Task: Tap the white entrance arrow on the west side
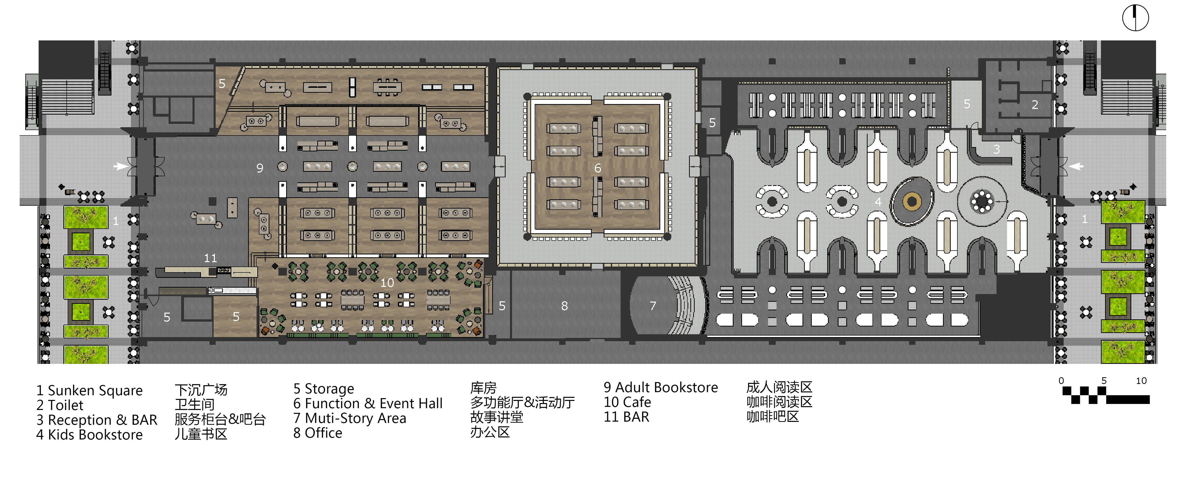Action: (x=121, y=166)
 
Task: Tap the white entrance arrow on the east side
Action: (x=1076, y=166)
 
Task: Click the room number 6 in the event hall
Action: (x=598, y=169)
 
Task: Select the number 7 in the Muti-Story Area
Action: (x=653, y=306)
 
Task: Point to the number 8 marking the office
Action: (x=565, y=306)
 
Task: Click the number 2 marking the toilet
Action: (x=1035, y=105)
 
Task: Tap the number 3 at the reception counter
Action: (x=996, y=150)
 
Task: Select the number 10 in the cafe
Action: (x=387, y=282)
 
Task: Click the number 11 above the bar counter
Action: (x=210, y=258)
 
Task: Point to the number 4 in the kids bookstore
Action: (x=878, y=202)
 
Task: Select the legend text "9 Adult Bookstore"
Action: (x=660, y=387)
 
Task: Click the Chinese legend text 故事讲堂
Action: (x=497, y=418)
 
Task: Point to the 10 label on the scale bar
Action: (x=1141, y=381)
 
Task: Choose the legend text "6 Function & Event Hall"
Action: (x=368, y=404)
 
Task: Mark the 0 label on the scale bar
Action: (x=1061, y=381)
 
